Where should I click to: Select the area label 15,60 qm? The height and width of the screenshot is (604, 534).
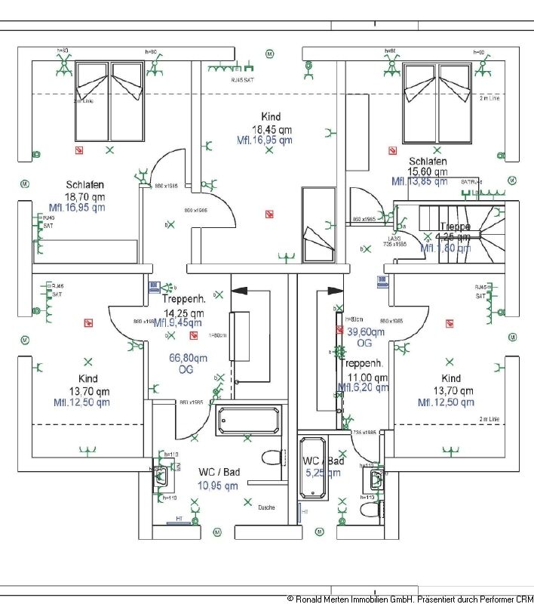pyautogui.click(x=427, y=172)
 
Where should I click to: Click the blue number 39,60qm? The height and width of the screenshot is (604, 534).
pyautogui.click(x=365, y=331)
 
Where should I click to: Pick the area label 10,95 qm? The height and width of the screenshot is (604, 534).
pyautogui.click(x=217, y=485)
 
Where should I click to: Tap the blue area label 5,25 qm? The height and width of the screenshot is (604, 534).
pyautogui.click(x=324, y=473)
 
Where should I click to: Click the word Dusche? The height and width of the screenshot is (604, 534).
pyautogui.click(x=266, y=507)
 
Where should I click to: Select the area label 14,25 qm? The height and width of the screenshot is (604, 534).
pyautogui.click(x=183, y=313)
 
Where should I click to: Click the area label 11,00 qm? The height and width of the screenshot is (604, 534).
pyautogui.click(x=367, y=377)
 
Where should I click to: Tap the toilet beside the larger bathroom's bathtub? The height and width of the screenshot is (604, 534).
pyautogui.click(x=271, y=458)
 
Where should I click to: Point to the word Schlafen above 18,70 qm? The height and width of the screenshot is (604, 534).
pyautogui.click(x=84, y=184)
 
